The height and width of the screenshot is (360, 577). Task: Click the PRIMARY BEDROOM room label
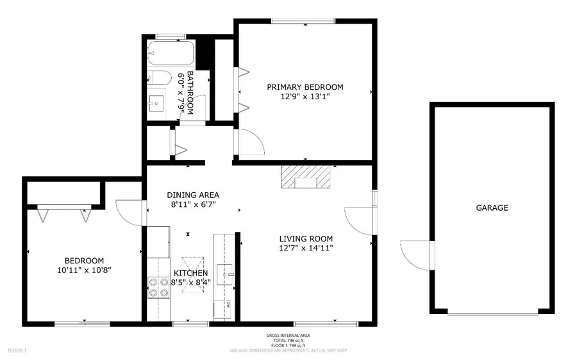305,87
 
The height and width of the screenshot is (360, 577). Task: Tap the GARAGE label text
492,208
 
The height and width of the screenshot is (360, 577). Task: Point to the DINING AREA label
193,195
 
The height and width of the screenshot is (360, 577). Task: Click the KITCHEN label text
190,273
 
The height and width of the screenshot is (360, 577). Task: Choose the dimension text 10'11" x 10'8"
84,270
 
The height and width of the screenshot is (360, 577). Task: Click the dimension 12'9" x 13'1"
305,97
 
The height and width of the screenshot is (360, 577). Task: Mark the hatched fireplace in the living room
306,177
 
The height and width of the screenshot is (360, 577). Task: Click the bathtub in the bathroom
169,51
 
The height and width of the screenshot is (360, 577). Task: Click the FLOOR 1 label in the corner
17,350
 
